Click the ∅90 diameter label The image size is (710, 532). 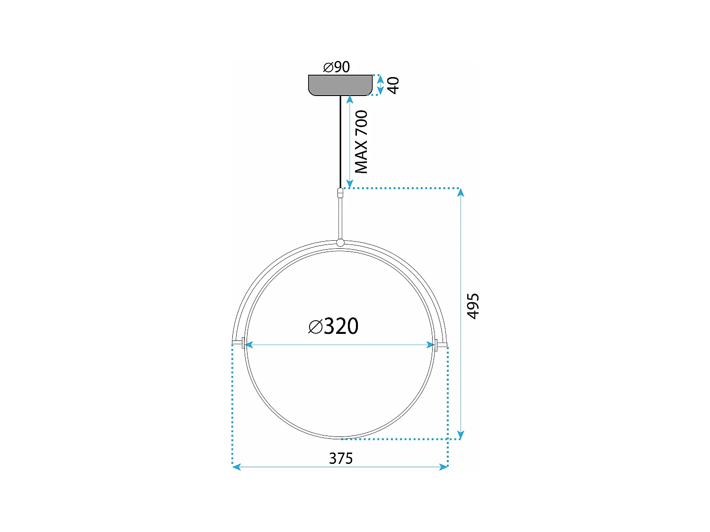337,67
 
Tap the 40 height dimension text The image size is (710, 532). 393,85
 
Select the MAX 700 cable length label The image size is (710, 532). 361,142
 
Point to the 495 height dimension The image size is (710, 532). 473,306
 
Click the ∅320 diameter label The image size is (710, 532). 334,326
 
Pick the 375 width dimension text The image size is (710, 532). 341,458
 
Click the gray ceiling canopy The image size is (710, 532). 340,85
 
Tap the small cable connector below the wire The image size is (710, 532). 340,193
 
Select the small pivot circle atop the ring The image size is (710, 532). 340,243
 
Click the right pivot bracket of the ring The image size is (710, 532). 441,344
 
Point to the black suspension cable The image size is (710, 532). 340,142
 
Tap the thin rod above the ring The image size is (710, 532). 340,218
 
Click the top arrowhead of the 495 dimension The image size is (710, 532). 461,192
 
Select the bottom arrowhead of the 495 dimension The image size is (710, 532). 461,435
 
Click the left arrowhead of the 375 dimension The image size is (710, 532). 237,467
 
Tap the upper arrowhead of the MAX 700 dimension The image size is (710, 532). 349,99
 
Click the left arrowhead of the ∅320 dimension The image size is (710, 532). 249,345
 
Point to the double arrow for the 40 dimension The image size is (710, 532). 380,85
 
